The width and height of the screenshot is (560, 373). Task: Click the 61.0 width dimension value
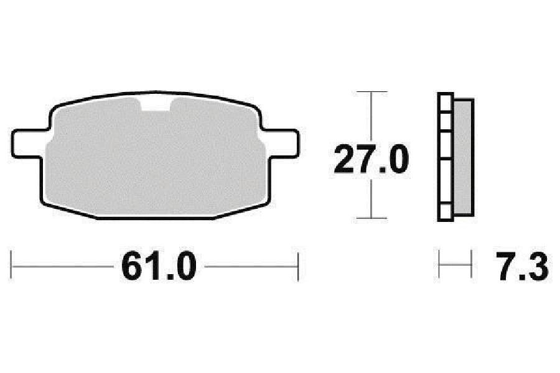pos(159,266)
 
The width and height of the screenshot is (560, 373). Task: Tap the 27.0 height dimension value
pos(371,159)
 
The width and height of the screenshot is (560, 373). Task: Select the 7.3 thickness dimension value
pos(522,266)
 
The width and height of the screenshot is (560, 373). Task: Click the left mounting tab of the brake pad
pos(29,144)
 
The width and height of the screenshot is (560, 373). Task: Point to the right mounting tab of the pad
pos(281,144)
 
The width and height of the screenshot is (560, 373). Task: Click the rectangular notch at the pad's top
pos(156,104)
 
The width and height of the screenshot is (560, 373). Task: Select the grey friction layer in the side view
pos(464,157)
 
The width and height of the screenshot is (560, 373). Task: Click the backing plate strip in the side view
pos(446,157)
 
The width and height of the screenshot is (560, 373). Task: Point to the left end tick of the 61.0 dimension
pos(11,265)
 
